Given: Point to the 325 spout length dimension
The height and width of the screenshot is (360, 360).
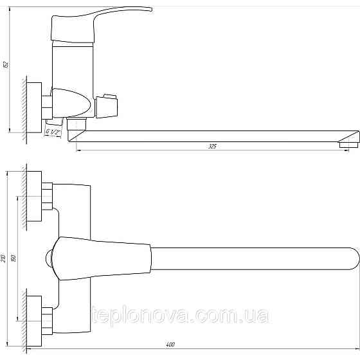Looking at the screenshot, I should [x=212, y=147].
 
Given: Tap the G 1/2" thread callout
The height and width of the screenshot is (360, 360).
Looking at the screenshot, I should [x=53, y=132].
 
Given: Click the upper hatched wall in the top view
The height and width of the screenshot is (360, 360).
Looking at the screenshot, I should [x=24, y=196].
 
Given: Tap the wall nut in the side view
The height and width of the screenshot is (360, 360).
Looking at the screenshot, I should [x=46, y=103].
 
